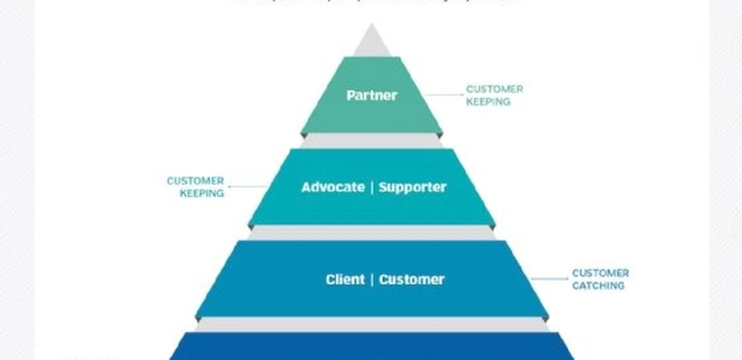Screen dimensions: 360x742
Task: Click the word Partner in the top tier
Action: [371, 95]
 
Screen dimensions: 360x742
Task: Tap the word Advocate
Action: [333, 187]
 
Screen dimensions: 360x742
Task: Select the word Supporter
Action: [412, 187]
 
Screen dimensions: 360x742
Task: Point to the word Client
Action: [345, 280]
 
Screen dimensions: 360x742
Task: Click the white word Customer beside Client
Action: [411, 280]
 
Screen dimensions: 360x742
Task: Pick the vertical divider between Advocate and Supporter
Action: [372, 187]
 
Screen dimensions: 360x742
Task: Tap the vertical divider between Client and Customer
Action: [372, 280]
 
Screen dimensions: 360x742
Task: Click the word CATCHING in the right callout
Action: [598, 286]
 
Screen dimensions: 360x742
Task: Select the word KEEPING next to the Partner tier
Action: [488, 102]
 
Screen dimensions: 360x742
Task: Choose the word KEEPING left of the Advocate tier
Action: [202, 193]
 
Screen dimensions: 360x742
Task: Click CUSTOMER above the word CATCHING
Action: [600, 273]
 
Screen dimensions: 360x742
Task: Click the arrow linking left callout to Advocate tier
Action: [247, 187]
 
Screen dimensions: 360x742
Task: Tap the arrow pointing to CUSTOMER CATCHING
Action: [550, 279]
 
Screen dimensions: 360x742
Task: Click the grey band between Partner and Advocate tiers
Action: [371, 141]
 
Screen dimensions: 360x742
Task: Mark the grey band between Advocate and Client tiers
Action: [371, 233]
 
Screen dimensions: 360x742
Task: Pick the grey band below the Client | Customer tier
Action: [371, 325]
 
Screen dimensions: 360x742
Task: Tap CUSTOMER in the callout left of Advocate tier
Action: [195, 181]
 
